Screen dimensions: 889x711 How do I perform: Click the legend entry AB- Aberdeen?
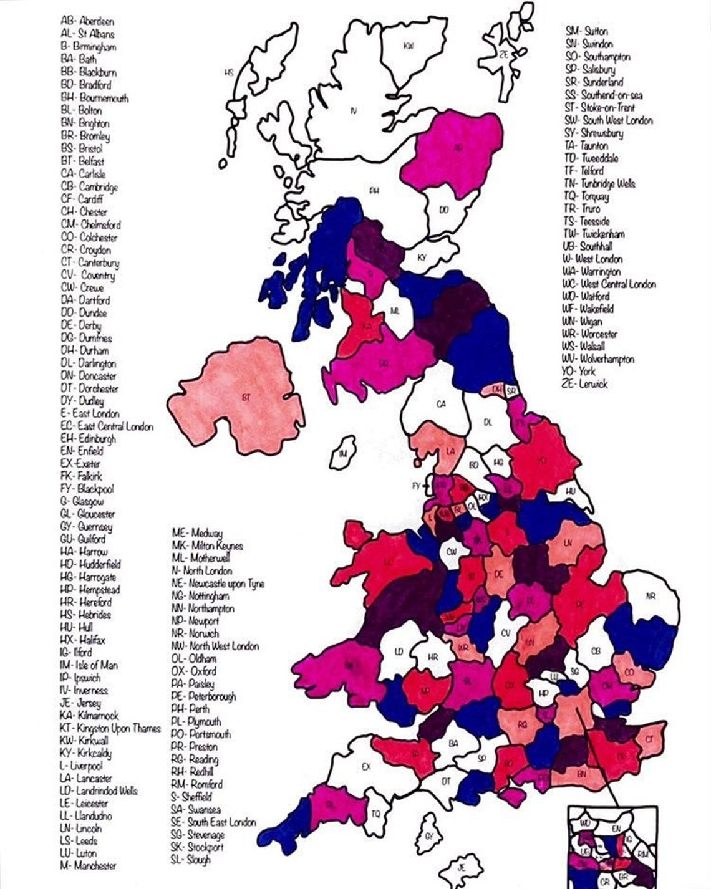[x=87, y=22]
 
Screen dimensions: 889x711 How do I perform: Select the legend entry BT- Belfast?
[x=82, y=161]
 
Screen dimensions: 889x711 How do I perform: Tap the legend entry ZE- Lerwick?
[x=586, y=384]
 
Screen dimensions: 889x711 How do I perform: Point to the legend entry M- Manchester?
[x=88, y=866]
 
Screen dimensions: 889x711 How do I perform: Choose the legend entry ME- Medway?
[x=197, y=533]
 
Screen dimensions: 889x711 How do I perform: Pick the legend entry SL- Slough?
[x=191, y=860]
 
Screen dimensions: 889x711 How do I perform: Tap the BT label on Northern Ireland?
[x=246, y=397]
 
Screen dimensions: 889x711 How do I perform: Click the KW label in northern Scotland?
[x=409, y=46]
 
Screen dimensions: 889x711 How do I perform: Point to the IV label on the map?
[x=354, y=112]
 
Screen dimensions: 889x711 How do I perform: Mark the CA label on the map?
[x=441, y=404]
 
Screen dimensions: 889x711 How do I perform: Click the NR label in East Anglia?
[x=651, y=597]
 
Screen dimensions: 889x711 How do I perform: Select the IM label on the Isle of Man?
[x=343, y=454]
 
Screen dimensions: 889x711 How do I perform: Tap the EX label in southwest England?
[x=366, y=767]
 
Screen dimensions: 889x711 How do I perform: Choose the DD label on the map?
[x=443, y=210]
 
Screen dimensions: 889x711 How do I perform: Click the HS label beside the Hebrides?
[x=229, y=73]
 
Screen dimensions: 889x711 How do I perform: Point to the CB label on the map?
[x=596, y=651]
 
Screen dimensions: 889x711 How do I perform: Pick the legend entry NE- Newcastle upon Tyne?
[x=218, y=584]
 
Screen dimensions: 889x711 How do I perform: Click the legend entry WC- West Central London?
[x=609, y=284]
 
